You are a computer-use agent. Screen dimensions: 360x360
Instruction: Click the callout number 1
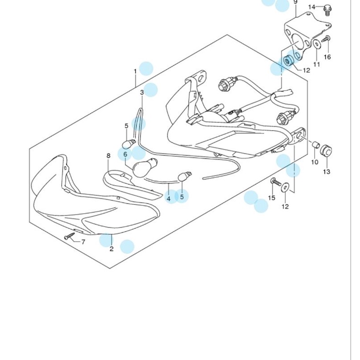[x=135, y=71]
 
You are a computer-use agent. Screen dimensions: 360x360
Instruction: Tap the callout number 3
[x=142, y=92]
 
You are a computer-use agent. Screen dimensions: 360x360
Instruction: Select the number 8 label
[x=108, y=156]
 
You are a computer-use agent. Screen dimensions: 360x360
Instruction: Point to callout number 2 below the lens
[x=112, y=249]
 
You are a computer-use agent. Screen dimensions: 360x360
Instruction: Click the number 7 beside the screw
[x=83, y=242]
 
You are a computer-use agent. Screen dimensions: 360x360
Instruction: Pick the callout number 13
[x=326, y=172]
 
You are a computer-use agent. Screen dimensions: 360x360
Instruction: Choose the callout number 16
[x=327, y=57]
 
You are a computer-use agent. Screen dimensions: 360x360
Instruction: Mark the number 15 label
[x=272, y=198]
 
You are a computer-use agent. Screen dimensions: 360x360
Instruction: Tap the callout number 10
[x=315, y=162]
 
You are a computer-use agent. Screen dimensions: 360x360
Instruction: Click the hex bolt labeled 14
[x=327, y=10]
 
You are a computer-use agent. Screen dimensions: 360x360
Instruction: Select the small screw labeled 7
[x=70, y=236]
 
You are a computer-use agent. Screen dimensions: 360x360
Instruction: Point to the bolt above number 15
[x=276, y=182]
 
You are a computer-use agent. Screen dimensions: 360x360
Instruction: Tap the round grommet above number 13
[x=326, y=150]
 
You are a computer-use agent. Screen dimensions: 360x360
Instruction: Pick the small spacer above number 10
[x=316, y=145]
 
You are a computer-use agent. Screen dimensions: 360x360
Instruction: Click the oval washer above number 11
[x=317, y=44]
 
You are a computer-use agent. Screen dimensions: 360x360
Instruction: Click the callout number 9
[x=295, y=2]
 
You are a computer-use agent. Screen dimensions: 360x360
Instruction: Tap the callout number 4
[x=169, y=199]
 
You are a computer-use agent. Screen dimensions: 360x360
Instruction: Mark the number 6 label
[x=125, y=154]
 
